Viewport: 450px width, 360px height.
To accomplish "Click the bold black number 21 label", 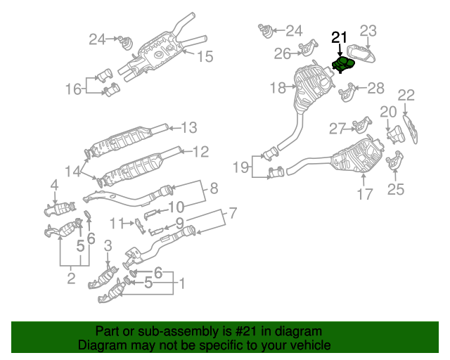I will (340, 38).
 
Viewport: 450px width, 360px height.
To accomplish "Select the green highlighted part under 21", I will (344, 65).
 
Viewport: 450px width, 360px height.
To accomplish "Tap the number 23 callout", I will (369, 31).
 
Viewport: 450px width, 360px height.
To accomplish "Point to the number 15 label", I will (204, 56).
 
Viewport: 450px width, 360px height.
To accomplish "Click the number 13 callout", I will (189, 127).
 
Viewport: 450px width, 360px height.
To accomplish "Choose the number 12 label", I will (201, 150).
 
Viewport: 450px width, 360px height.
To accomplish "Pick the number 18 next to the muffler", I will (278, 88).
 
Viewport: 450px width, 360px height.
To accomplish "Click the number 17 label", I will (364, 194).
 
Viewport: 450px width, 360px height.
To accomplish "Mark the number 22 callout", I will (406, 95).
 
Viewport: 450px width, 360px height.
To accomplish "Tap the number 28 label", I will (376, 88).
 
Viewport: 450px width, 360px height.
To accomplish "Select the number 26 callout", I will (283, 53).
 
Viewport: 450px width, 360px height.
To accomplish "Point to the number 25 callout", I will (396, 188).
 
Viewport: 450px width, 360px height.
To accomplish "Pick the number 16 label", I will (74, 89).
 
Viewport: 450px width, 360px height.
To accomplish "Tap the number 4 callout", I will (53, 185).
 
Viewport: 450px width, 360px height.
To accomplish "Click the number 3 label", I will (108, 245).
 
